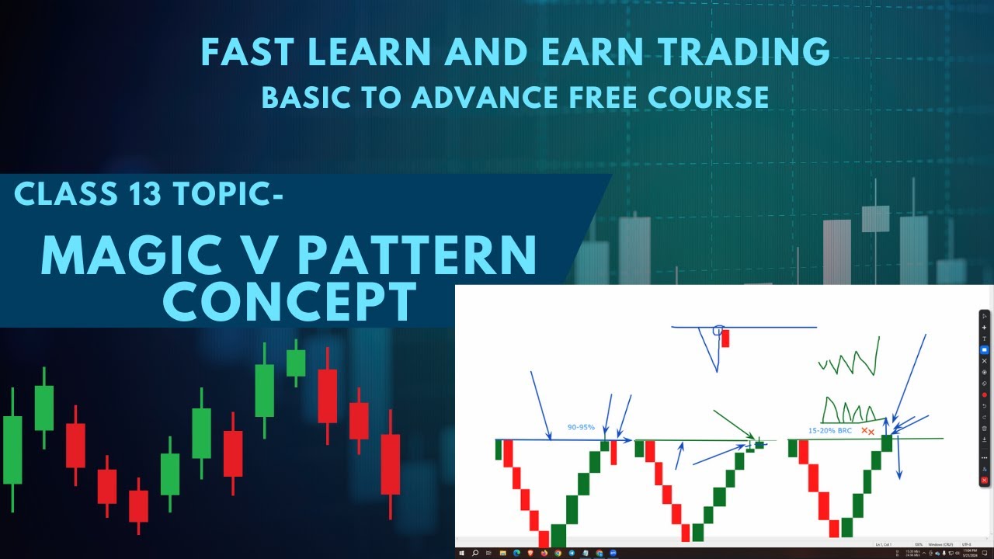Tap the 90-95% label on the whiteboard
coord(580,428)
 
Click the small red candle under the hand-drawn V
coord(725,339)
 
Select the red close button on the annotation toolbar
coord(985,481)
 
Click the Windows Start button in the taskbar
coord(462,553)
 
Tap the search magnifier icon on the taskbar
coord(475,553)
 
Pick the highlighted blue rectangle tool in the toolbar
coord(985,349)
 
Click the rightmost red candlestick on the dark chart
coord(390,464)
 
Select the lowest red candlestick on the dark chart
coord(138,505)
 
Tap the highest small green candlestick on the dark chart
coord(296,363)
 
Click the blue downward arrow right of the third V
coord(898,458)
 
